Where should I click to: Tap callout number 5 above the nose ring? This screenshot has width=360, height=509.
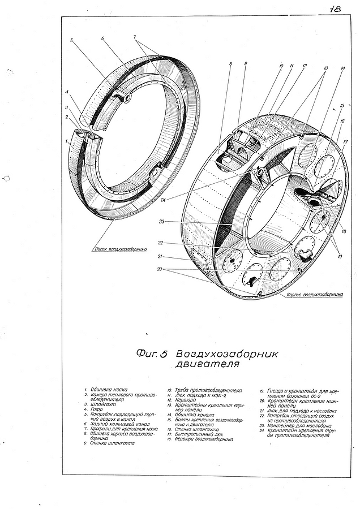coord(72,40)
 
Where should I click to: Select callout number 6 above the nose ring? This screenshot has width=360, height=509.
coord(103,39)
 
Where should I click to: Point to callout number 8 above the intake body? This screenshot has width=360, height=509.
coord(230,64)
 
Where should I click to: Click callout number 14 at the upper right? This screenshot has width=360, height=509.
coord(343,68)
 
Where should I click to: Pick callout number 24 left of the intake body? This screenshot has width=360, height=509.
coord(163,200)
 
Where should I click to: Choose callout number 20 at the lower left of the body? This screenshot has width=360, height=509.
coord(160,270)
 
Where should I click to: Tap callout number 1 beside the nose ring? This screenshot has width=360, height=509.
coord(66,138)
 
